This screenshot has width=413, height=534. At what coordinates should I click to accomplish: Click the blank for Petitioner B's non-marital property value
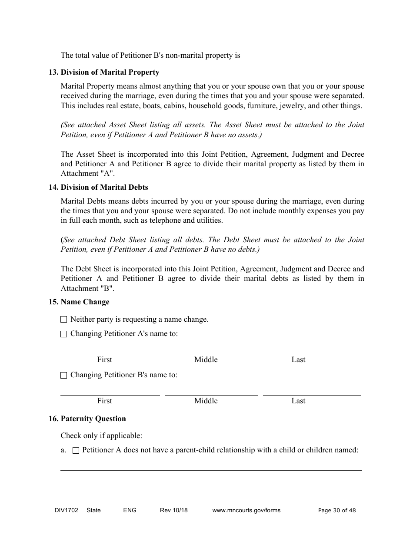pos(302,56)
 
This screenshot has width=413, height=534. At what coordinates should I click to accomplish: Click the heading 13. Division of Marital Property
pos(104,73)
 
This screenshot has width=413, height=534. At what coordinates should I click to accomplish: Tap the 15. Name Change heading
pos(79,302)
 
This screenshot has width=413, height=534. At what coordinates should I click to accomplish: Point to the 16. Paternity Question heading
pos(87,419)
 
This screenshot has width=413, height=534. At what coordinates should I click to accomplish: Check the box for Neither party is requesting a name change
pos(64,320)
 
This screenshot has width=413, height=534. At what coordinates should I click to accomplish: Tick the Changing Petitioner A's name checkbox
pos(64,334)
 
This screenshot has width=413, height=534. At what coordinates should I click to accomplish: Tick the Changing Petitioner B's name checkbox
pos(64,375)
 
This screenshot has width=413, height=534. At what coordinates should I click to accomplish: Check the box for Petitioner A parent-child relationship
pos(76,451)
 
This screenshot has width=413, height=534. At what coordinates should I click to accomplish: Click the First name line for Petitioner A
pos(110,350)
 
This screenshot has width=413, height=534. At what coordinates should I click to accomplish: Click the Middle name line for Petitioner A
pos(211,350)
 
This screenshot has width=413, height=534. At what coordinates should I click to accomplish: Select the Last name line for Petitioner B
pos(312,391)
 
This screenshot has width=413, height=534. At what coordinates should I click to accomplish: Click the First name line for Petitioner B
pos(110,391)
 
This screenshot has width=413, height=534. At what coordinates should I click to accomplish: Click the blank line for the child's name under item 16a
pos(211,466)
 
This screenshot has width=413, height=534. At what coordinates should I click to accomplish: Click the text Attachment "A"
pos(87,174)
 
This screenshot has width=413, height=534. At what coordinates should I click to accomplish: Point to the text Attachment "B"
pos(87,289)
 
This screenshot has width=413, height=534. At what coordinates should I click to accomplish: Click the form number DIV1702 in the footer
pos(63,511)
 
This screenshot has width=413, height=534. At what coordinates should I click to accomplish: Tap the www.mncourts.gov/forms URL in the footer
pos(246,511)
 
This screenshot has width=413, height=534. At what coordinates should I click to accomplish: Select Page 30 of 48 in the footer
pos(337,511)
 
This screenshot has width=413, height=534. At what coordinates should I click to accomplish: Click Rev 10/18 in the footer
pos(174,511)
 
